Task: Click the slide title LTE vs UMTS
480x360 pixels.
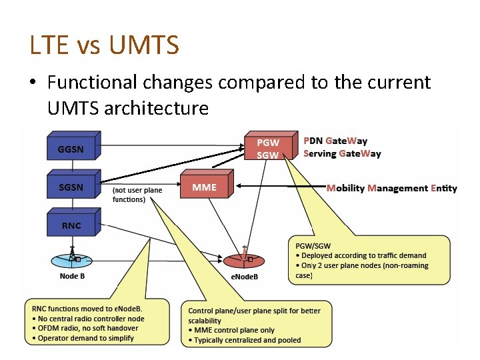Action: pos(105,45)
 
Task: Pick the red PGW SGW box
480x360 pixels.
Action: pos(268,148)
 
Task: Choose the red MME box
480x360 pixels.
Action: pos(204,187)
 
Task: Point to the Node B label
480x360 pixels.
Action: pos(71,275)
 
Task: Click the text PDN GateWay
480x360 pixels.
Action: pos(335,141)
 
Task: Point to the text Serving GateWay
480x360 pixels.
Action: pos(342,153)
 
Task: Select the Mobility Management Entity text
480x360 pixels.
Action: pos(391,188)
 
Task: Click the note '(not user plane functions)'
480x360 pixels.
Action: pos(137,195)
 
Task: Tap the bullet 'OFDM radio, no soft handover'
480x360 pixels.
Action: pos(87,328)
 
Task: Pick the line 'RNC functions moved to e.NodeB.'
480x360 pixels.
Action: pos(87,309)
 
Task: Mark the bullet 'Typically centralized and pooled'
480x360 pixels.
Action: pos(245,340)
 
